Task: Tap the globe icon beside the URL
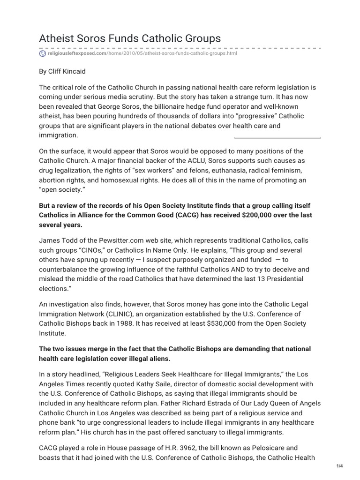(42, 53)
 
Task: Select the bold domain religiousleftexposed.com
(77, 53)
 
